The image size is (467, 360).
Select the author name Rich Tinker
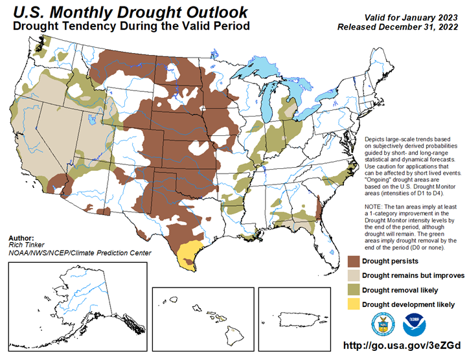(25, 244)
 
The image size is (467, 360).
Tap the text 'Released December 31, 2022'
(398, 28)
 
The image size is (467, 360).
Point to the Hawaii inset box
(202, 317)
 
